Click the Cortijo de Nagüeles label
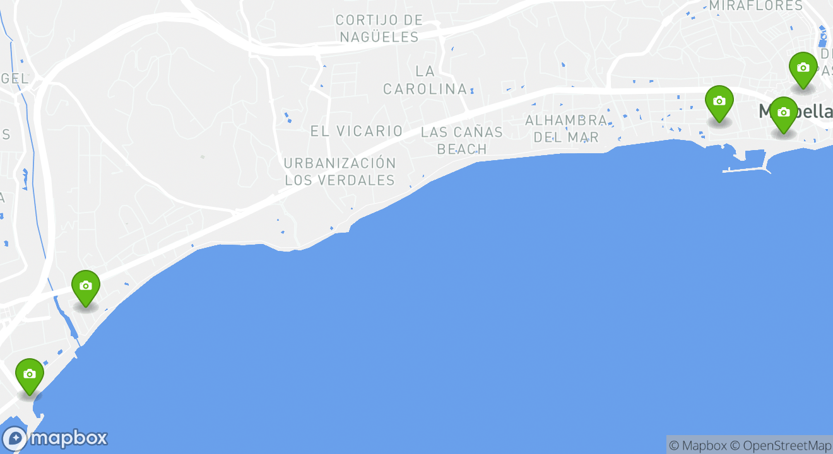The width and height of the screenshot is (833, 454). pyautogui.click(x=379, y=28)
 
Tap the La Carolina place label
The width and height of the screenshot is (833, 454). pyautogui.click(x=425, y=80)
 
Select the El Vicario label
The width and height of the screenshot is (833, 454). pyautogui.click(x=357, y=131)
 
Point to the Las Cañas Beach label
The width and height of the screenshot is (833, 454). pyautogui.click(x=462, y=141)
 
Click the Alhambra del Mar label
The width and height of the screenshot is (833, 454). pyautogui.click(x=566, y=128)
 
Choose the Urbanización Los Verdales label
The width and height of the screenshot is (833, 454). pyautogui.click(x=340, y=172)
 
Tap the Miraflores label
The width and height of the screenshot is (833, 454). pyautogui.click(x=755, y=6)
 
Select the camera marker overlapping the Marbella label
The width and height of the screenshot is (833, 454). pyautogui.click(x=783, y=113)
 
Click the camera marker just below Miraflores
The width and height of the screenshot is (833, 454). pyautogui.click(x=803, y=69)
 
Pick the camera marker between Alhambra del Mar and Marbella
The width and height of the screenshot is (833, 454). pyautogui.click(x=719, y=102)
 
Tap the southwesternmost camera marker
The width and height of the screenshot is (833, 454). pyautogui.click(x=29, y=375)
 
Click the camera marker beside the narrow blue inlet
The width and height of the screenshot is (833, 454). pyautogui.click(x=86, y=287)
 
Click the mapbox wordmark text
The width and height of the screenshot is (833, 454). pyautogui.click(x=69, y=438)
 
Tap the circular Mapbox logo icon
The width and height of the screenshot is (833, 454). pyautogui.click(x=15, y=438)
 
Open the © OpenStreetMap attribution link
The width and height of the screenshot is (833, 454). pyautogui.click(x=781, y=445)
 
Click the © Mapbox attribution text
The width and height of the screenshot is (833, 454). pyautogui.click(x=697, y=445)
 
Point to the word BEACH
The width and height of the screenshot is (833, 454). pyautogui.click(x=462, y=149)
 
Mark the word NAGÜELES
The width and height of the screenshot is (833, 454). pyautogui.click(x=379, y=37)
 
